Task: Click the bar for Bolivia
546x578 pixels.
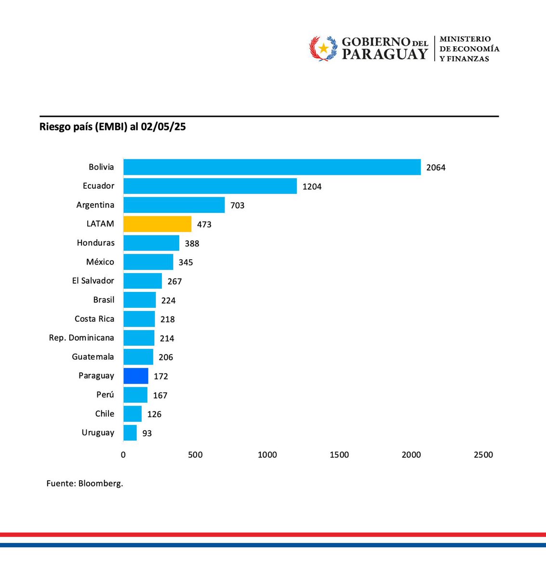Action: tap(272, 167)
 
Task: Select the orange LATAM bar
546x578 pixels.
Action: tap(157, 224)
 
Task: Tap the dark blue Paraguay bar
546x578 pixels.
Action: tap(136, 376)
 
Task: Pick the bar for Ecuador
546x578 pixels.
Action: tap(210, 186)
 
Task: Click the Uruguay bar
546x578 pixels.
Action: tap(130, 433)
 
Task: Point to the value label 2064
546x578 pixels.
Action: tap(436, 168)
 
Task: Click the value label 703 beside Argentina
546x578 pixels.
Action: tap(237, 206)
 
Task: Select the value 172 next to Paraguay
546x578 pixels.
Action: tap(161, 376)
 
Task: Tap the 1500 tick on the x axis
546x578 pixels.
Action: tap(339, 455)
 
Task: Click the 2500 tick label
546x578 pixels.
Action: tap(483, 455)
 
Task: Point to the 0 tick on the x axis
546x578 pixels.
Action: tap(123, 455)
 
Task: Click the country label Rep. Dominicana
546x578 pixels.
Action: tap(81, 338)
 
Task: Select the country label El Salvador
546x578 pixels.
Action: tap(93, 281)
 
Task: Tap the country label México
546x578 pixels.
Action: tap(100, 262)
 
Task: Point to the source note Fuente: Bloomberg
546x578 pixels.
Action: tap(85, 484)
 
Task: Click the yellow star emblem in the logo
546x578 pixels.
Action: tap(323, 48)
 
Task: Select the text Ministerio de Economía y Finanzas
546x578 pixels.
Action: tap(469, 49)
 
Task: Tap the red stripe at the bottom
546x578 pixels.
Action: tap(273, 535)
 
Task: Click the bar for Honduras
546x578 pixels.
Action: tap(151, 243)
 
